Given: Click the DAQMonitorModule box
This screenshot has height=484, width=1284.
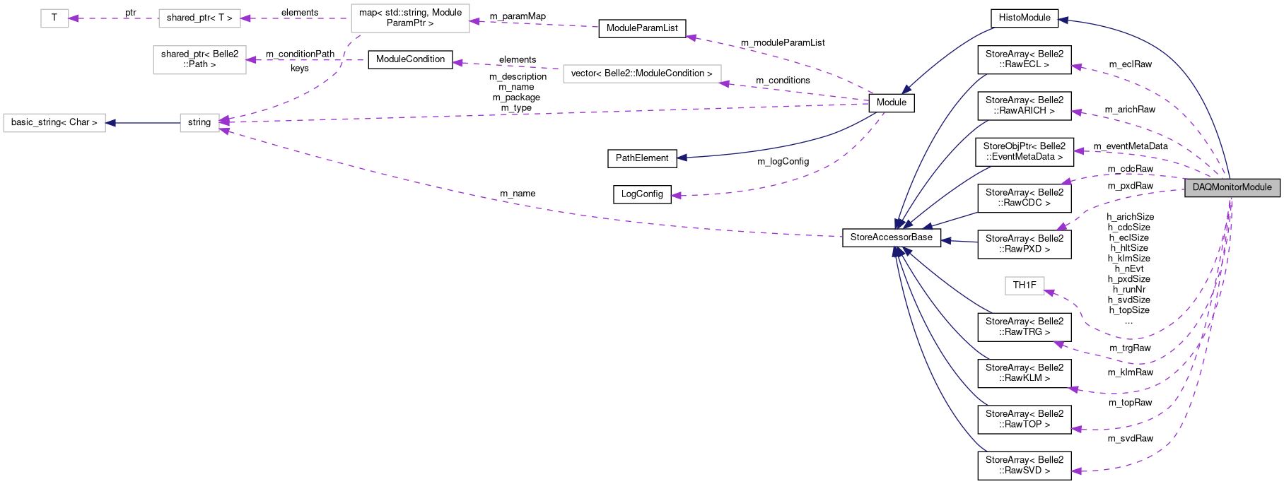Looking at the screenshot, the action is point(1232,187).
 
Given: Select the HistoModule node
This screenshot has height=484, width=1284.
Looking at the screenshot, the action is point(1025,18).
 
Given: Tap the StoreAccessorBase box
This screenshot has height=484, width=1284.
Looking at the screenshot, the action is point(892,237).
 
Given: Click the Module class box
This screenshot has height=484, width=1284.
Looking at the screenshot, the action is point(892,102).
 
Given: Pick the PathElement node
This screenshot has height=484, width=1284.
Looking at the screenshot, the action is point(642,158).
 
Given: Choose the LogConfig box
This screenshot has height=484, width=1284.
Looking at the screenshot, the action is point(642,194).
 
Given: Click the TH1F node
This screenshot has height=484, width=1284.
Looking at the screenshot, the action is point(1025,285).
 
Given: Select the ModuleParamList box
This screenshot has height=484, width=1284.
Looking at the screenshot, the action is point(642,28).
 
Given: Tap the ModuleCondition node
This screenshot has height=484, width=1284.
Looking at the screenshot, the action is point(410,59).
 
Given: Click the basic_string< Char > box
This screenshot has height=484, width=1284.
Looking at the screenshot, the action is point(54,122).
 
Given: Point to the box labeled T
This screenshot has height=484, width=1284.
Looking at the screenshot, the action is point(54,18).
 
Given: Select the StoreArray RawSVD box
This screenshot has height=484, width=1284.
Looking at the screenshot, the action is point(1025,466).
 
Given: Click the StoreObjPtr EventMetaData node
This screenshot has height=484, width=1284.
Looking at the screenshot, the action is point(1025,152).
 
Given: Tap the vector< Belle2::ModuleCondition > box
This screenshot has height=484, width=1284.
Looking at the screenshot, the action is point(642,73).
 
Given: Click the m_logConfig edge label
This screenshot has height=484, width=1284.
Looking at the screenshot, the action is point(783,162).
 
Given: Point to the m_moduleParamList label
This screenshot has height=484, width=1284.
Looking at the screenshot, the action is point(783,43).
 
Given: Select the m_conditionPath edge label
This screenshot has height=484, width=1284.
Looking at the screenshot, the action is point(300,54).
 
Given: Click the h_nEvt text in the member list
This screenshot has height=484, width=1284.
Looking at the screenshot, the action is point(1129,269).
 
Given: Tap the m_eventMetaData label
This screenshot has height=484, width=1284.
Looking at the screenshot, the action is point(1131,146).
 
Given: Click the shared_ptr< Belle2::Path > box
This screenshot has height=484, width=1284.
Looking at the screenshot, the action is point(199,59).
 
